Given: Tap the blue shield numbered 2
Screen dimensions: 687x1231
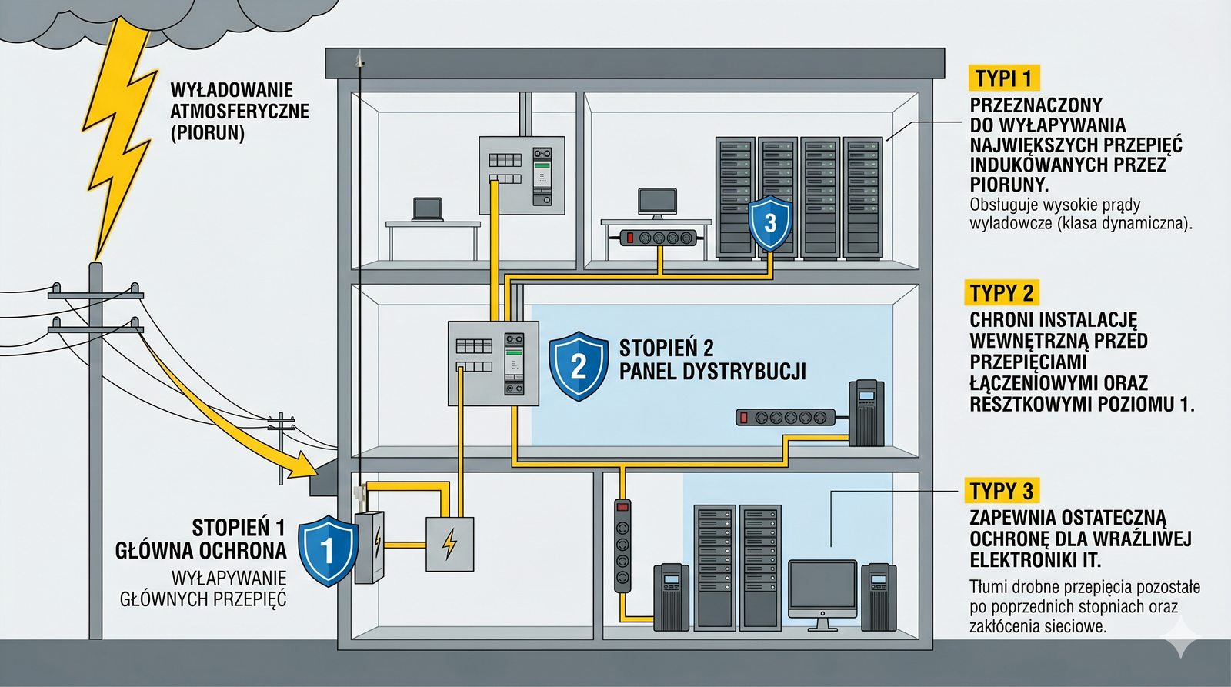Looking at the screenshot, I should [x=579, y=365].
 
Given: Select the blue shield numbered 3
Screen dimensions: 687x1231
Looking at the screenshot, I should [x=770, y=223].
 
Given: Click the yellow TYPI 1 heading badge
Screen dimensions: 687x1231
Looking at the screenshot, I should [x=1003, y=78].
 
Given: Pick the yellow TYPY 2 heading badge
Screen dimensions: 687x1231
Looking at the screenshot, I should [x=1002, y=293].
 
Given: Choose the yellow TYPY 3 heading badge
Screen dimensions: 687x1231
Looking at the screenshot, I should [x=1002, y=491].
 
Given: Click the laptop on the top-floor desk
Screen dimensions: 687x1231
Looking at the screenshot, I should [x=427, y=209].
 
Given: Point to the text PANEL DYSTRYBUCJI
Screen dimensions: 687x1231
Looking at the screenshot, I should [x=712, y=372].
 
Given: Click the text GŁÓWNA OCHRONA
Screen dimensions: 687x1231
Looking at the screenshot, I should [x=201, y=551].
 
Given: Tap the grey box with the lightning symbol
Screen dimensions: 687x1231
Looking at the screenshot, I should [x=450, y=544].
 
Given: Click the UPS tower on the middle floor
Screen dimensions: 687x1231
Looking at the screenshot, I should [x=866, y=413].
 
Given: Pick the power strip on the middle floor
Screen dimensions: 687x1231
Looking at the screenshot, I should [x=785, y=418].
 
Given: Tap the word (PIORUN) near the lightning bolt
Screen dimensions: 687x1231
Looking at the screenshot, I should [x=207, y=133].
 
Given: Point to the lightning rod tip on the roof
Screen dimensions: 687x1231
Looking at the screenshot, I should [x=359, y=58].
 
